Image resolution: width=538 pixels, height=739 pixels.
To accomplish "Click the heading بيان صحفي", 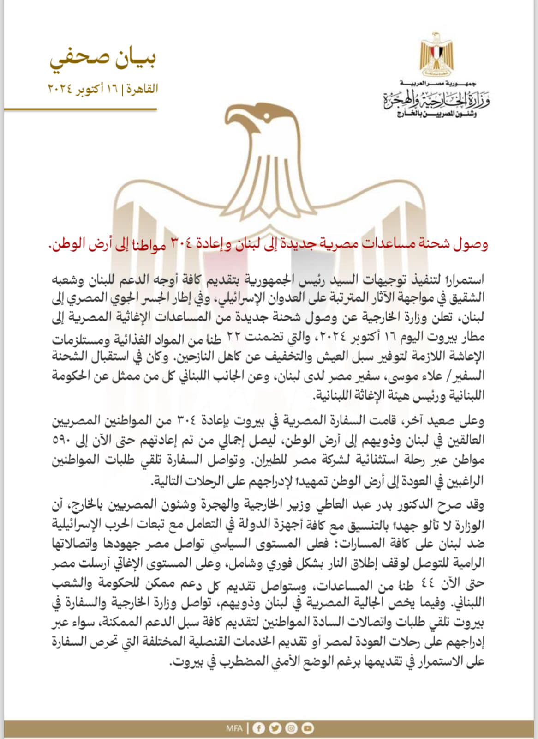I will (103, 60).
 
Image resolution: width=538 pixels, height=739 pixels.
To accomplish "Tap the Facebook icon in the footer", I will (259, 728).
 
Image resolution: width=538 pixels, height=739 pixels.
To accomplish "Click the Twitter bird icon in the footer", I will (275, 728).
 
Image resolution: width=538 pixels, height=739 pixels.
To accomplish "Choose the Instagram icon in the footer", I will (291, 728).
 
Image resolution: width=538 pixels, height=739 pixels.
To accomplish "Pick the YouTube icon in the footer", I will (307, 728).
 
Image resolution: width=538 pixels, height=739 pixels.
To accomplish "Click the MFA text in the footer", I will (234, 728).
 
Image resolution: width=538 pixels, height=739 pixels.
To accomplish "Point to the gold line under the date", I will (80, 109).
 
